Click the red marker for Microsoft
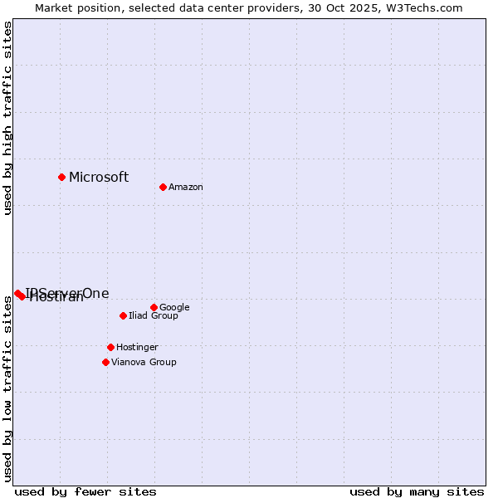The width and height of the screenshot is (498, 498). [x=61, y=177]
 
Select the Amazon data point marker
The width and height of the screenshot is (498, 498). [x=163, y=187]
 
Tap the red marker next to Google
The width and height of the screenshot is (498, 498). [x=154, y=307]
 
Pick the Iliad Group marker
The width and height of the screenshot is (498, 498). [x=123, y=315]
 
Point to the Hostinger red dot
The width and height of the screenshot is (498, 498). [x=110, y=347]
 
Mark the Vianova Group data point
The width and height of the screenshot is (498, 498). [x=105, y=362]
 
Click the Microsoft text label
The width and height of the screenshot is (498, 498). [x=99, y=177]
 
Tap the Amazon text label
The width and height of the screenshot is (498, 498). [x=186, y=188]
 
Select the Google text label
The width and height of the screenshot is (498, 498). [x=174, y=308]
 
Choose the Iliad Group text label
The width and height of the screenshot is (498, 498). [x=154, y=316]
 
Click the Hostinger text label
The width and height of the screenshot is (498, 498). [x=137, y=348]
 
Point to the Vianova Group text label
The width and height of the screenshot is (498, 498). [x=144, y=363]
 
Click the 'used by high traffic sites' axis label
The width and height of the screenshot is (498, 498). [x=7, y=118]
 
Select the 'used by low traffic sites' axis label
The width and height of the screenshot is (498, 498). [x=7, y=387]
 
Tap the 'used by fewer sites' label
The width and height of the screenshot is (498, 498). [x=85, y=492]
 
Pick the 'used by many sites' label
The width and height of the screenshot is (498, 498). [x=417, y=492]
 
